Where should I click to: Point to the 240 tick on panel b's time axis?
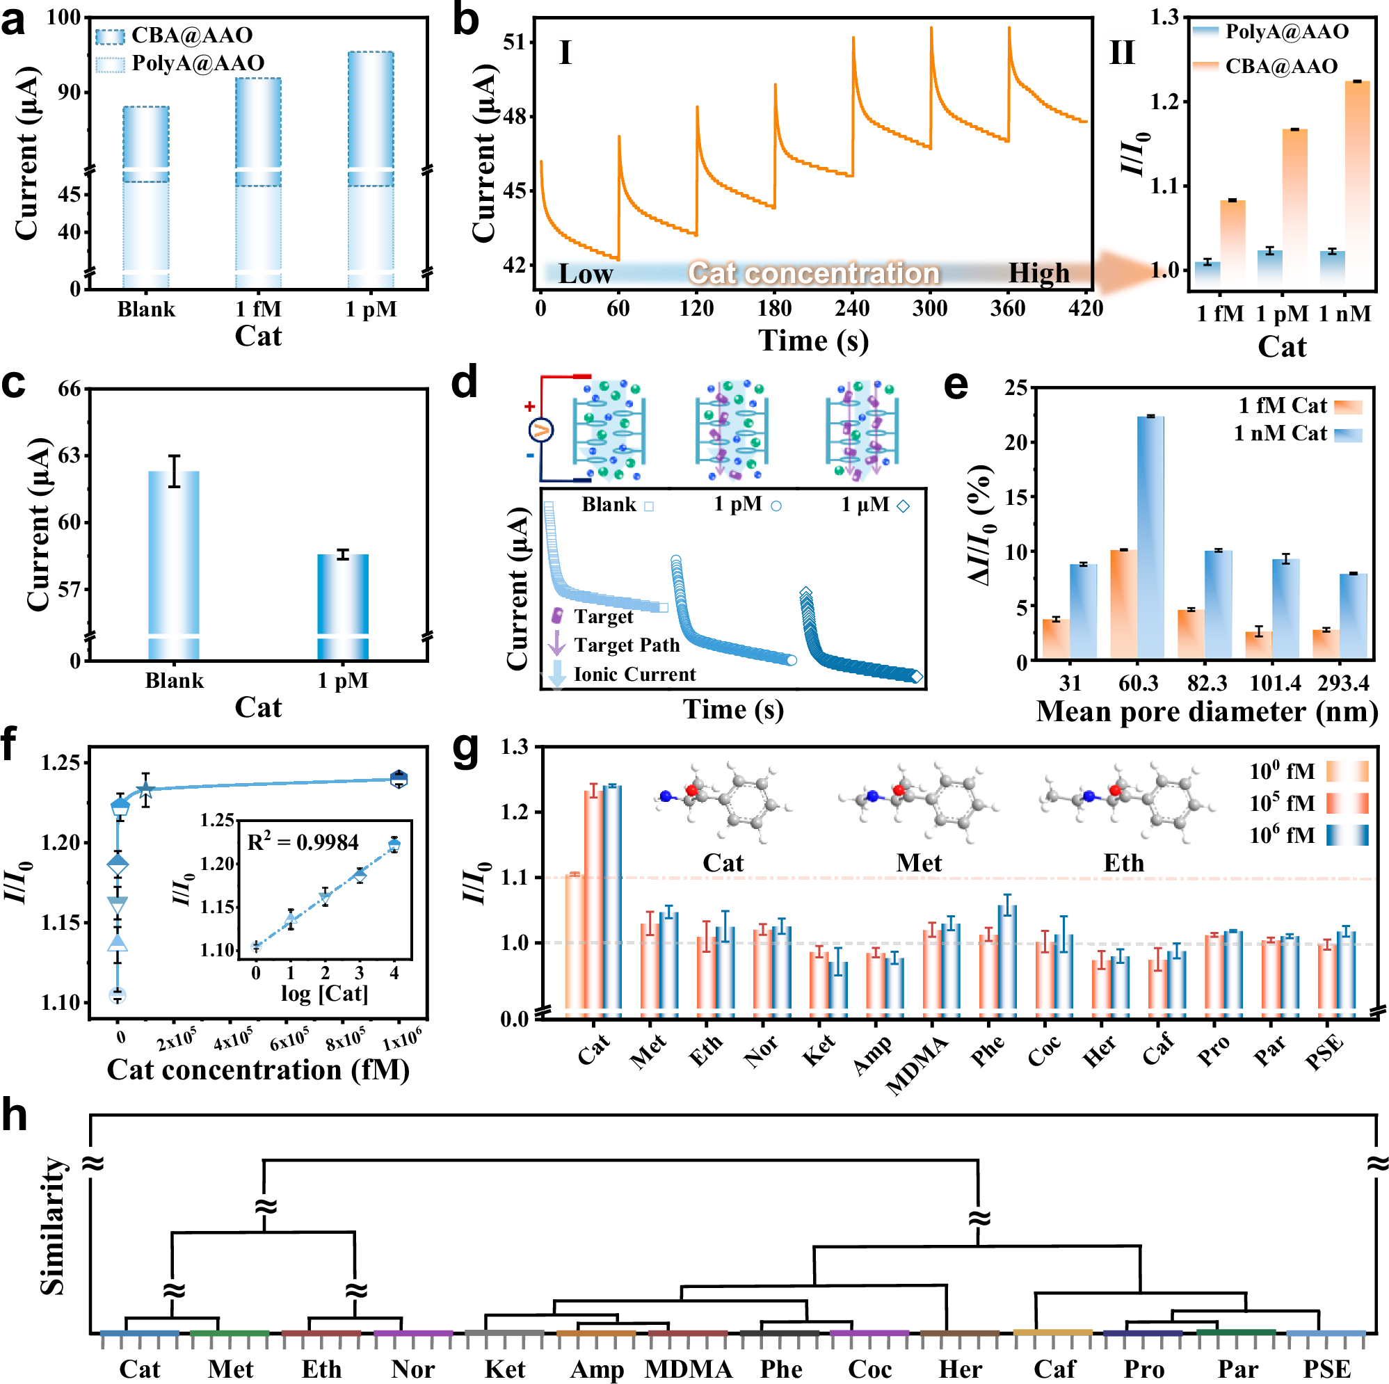coord(852,308)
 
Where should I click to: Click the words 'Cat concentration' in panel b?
coord(813,273)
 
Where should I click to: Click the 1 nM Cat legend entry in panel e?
coord(1280,433)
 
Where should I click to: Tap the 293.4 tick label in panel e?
coord(1343,682)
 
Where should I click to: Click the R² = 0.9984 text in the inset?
coord(303,842)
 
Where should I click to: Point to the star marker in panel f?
coord(146,789)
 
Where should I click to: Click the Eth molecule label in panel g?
coord(1123,863)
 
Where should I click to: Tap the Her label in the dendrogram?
coord(961,1369)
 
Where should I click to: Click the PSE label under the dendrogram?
coord(1326,1369)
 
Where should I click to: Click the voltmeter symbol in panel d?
coord(540,430)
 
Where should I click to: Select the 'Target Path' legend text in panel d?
coord(626,645)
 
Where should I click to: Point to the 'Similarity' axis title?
coord(52,1225)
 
